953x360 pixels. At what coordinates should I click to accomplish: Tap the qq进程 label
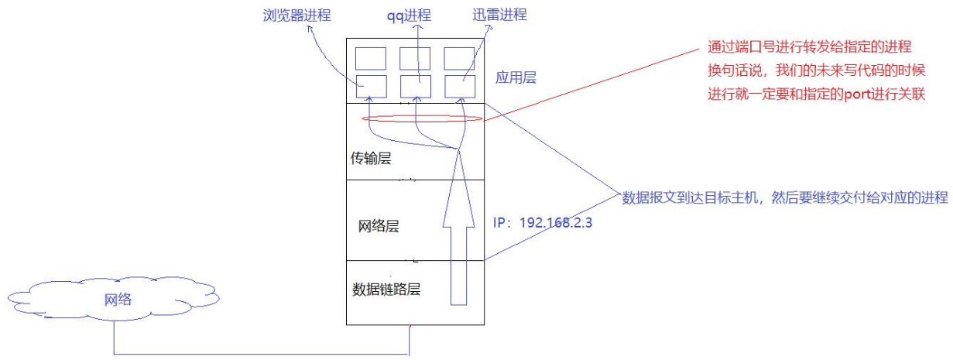point(417,15)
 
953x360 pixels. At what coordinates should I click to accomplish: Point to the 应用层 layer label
point(515,78)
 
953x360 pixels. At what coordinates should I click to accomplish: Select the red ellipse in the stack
point(423,119)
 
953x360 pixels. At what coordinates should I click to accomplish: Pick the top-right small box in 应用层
point(460,59)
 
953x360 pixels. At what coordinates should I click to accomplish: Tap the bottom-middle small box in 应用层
point(416,86)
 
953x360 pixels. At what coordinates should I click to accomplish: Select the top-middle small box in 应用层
point(416,59)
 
